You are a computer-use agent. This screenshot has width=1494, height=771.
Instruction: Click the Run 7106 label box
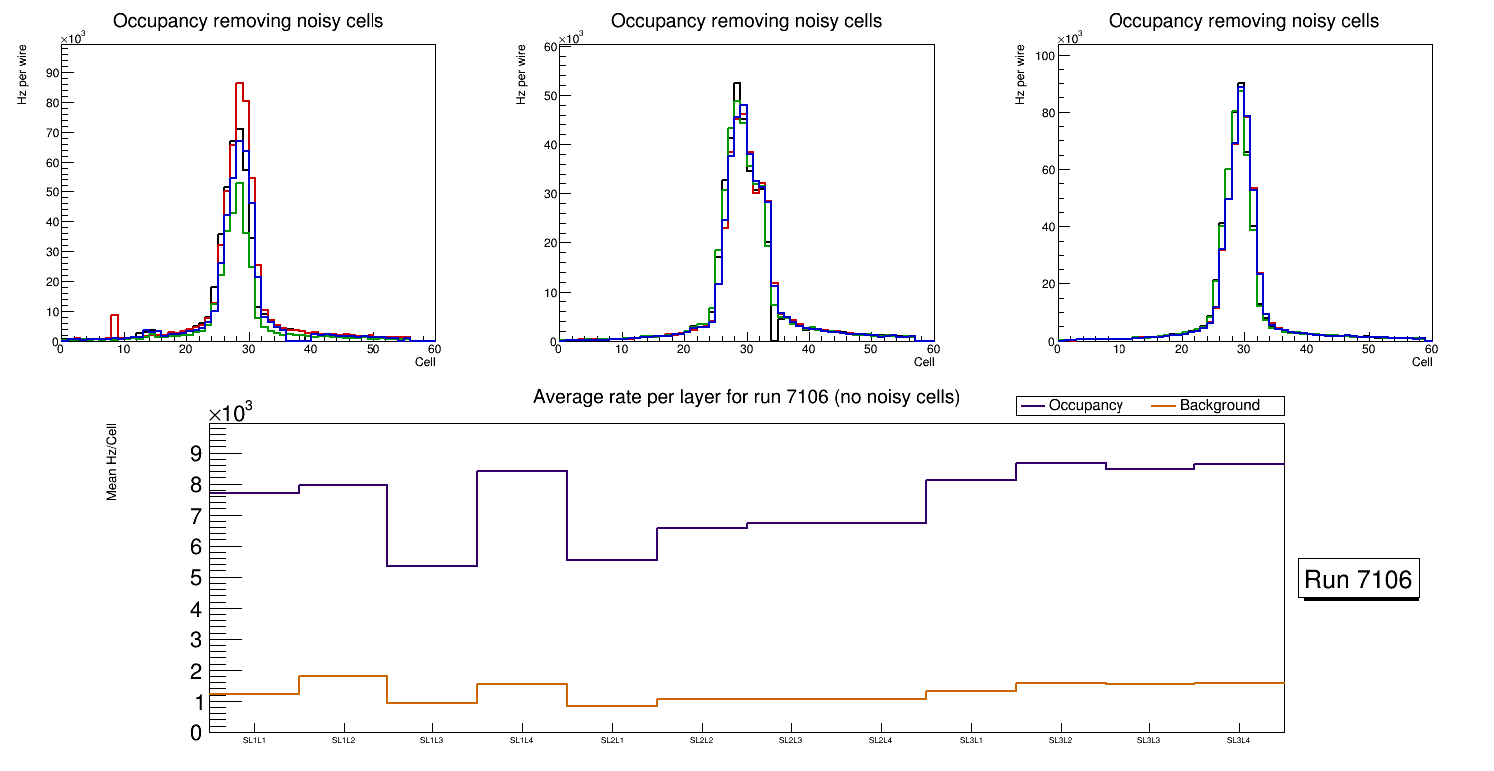[x=1358, y=579]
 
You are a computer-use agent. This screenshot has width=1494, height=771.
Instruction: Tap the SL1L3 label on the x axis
[x=432, y=741]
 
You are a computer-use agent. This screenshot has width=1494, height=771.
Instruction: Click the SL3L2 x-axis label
[x=1060, y=741]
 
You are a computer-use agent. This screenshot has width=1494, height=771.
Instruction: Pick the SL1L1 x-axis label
[x=254, y=741]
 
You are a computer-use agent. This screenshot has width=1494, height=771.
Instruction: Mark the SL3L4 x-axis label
[x=1239, y=741]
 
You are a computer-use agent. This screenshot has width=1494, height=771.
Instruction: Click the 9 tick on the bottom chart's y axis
[x=196, y=454]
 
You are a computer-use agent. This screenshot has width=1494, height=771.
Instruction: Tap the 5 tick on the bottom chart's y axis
[x=196, y=578]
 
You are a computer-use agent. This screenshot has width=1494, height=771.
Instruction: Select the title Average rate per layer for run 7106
[x=746, y=397]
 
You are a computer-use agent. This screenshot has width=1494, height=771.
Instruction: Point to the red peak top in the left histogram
[x=240, y=84]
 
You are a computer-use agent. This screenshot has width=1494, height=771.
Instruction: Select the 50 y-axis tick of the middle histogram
[x=548, y=96]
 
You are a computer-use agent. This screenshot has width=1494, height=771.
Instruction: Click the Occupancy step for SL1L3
[x=432, y=566]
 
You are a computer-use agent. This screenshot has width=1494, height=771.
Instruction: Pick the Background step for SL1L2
[x=343, y=676]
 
